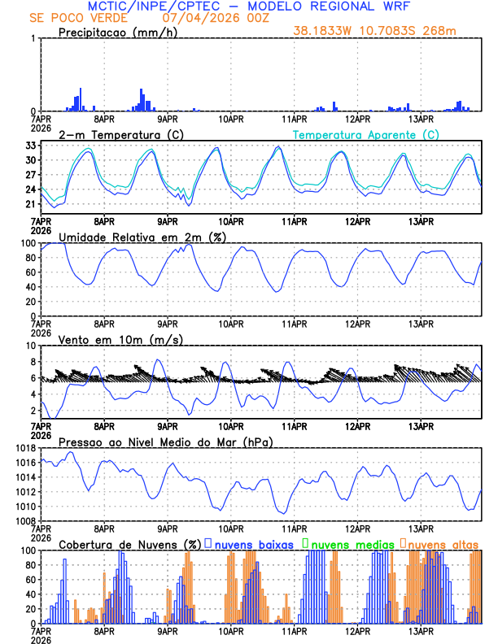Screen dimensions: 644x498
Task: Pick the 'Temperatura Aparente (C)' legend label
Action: coord(366,134)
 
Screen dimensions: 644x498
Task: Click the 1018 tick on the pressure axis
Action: coord(24,448)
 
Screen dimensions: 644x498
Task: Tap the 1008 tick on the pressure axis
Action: coord(24,521)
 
